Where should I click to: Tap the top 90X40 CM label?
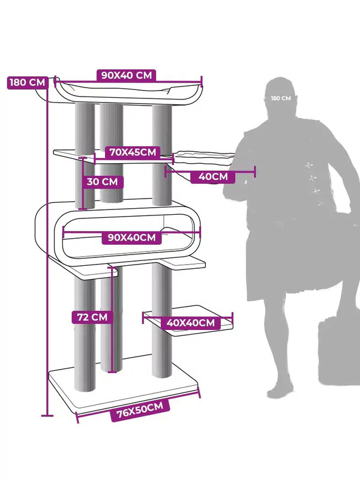pyautogui.click(x=126, y=75)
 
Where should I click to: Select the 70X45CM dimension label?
pyautogui.click(x=131, y=152)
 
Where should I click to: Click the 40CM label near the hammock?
pyautogui.click(x=212, y=176)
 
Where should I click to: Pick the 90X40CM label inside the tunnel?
pyautogui.click(x=131, y=238)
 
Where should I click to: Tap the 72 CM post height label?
pyautogui.click(x=92, y=316)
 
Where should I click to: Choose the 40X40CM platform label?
pyautogui.click(x=190, y=323)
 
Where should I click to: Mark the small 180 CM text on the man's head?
pyautogui.click(x=280, y=98)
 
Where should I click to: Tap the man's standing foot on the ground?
pyautogui.click(x=283, y=390)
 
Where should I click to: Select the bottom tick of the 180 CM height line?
pyautogui.click(x=47, y=415)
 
